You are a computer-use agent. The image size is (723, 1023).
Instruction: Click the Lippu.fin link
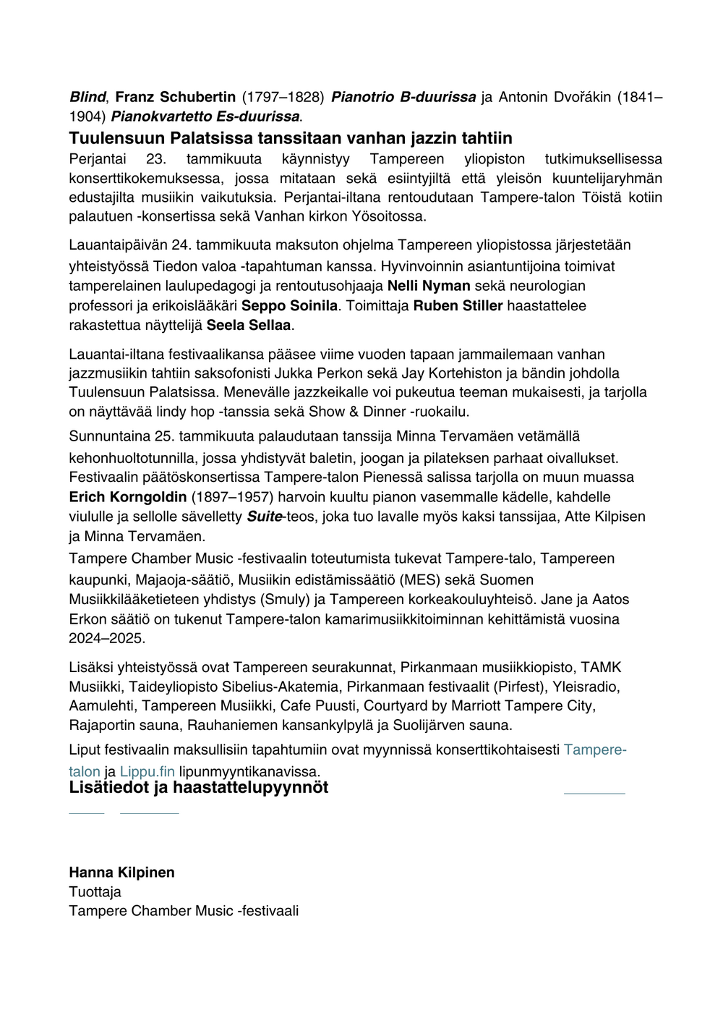tap(147, 771)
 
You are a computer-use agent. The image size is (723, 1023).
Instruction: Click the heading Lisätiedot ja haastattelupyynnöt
tap(198, 787)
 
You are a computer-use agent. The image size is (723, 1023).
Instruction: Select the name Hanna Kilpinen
tap(121, 872)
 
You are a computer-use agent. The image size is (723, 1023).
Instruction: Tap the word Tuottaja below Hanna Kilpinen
tap(95, 891)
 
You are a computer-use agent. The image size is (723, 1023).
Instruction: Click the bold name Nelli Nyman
tap(429, 286)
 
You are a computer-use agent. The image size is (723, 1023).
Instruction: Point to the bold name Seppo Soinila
tap(289, 305)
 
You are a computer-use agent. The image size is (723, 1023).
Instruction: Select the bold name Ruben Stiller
tap(458, 305)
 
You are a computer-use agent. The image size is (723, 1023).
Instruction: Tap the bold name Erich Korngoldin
tap(127, 497)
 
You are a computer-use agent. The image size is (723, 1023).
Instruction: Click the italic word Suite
tap(264, 517)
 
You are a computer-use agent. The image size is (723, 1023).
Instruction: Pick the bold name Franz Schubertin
tap(176, 97)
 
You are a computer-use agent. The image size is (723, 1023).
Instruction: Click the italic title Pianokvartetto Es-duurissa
tap(205, 116)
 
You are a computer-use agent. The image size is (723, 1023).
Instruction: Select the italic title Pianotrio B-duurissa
tap(403, 97)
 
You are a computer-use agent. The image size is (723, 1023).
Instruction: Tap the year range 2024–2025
tap(107, 638)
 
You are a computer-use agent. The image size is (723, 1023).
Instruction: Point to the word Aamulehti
tap(103, 705)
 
